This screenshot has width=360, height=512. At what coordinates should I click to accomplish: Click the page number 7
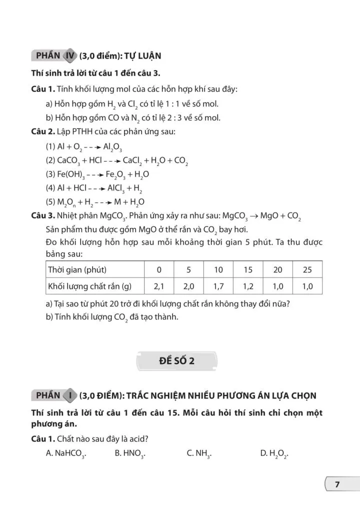[x=337, y=484]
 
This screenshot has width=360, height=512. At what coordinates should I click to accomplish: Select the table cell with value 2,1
[x=159, y=286]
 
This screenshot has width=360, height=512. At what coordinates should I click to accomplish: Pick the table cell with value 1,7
[x=218, y=286]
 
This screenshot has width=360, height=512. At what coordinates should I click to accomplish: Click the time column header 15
[x=248, y=269]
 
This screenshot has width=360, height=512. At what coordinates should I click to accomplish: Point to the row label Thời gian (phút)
[x=77, y=269]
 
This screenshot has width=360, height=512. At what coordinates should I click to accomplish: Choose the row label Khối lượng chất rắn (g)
[x=89, y=286]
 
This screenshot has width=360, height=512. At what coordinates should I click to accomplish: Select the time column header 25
[x=307, y=269]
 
